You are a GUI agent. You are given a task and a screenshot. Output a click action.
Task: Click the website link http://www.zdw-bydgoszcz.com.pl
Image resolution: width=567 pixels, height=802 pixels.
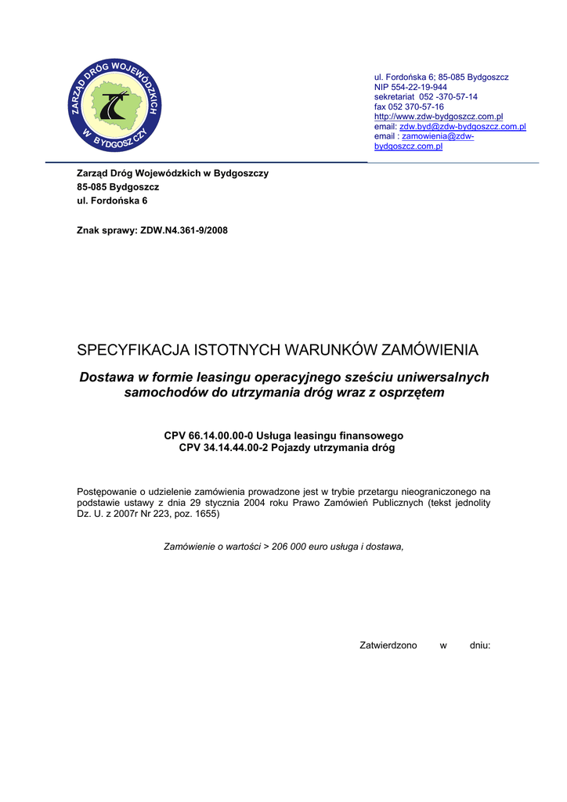pyautogui.click(x=439, y=116)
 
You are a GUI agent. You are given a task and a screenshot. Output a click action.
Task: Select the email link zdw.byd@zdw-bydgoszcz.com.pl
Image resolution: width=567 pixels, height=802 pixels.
pyautogui.click(x=462, y=126)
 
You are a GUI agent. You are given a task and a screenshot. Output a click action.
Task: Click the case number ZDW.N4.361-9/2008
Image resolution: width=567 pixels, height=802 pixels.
pyautogui.click(x=183, y=231)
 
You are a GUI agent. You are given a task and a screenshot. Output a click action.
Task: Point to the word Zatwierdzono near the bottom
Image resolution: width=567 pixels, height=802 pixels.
pyautogui.click(x=388, y=645)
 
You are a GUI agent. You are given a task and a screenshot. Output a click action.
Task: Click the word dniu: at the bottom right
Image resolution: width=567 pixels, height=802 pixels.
pyautogui.click(x=479, y=645)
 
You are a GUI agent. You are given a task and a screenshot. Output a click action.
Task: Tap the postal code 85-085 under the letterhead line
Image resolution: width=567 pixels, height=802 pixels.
pyautogui.click(x=92, y=187)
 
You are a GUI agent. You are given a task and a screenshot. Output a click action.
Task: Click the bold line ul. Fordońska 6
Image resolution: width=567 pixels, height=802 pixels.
pyautogui.click(x=111, y=200)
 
